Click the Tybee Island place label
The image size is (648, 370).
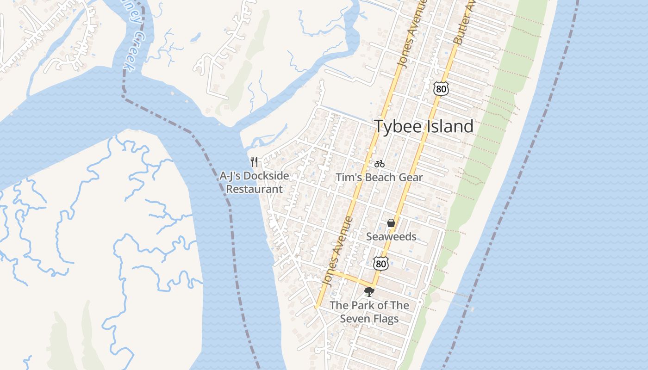click(424, 126)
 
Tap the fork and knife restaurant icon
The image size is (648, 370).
click(254, 161)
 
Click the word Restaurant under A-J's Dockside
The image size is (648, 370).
click(254, 189)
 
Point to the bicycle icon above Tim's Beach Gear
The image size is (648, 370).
click(380, 163)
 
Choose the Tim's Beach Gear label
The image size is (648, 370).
click(379, 178)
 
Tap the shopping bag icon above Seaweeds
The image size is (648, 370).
click(391, 223)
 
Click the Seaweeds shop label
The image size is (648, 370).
click(391, 237)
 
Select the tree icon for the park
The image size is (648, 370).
click(369, 291)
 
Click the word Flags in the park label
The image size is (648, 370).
click(382, 319)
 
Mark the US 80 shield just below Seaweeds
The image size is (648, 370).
click(380, 264)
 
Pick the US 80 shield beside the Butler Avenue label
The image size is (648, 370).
click(441, 88)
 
